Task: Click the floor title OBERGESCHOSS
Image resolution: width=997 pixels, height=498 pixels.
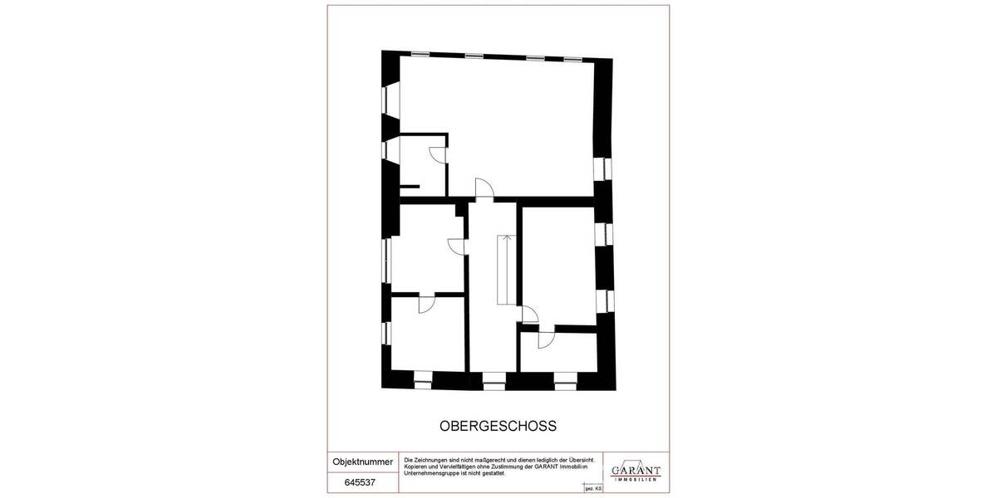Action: pos(498,425)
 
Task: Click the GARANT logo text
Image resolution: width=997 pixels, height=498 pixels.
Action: pos(636,470)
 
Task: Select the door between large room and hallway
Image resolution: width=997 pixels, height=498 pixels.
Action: pos(484,188)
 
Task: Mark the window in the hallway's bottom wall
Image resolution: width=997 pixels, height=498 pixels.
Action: pos(494,384)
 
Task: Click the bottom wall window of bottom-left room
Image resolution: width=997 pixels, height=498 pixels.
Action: pos(423,382)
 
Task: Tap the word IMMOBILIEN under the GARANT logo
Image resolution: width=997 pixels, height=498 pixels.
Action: pos(636,480)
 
